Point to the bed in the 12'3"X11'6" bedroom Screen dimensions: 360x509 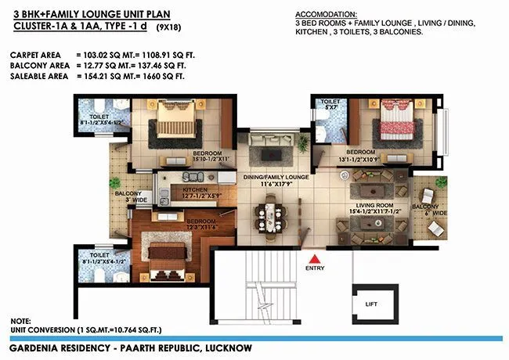pos(168,255)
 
